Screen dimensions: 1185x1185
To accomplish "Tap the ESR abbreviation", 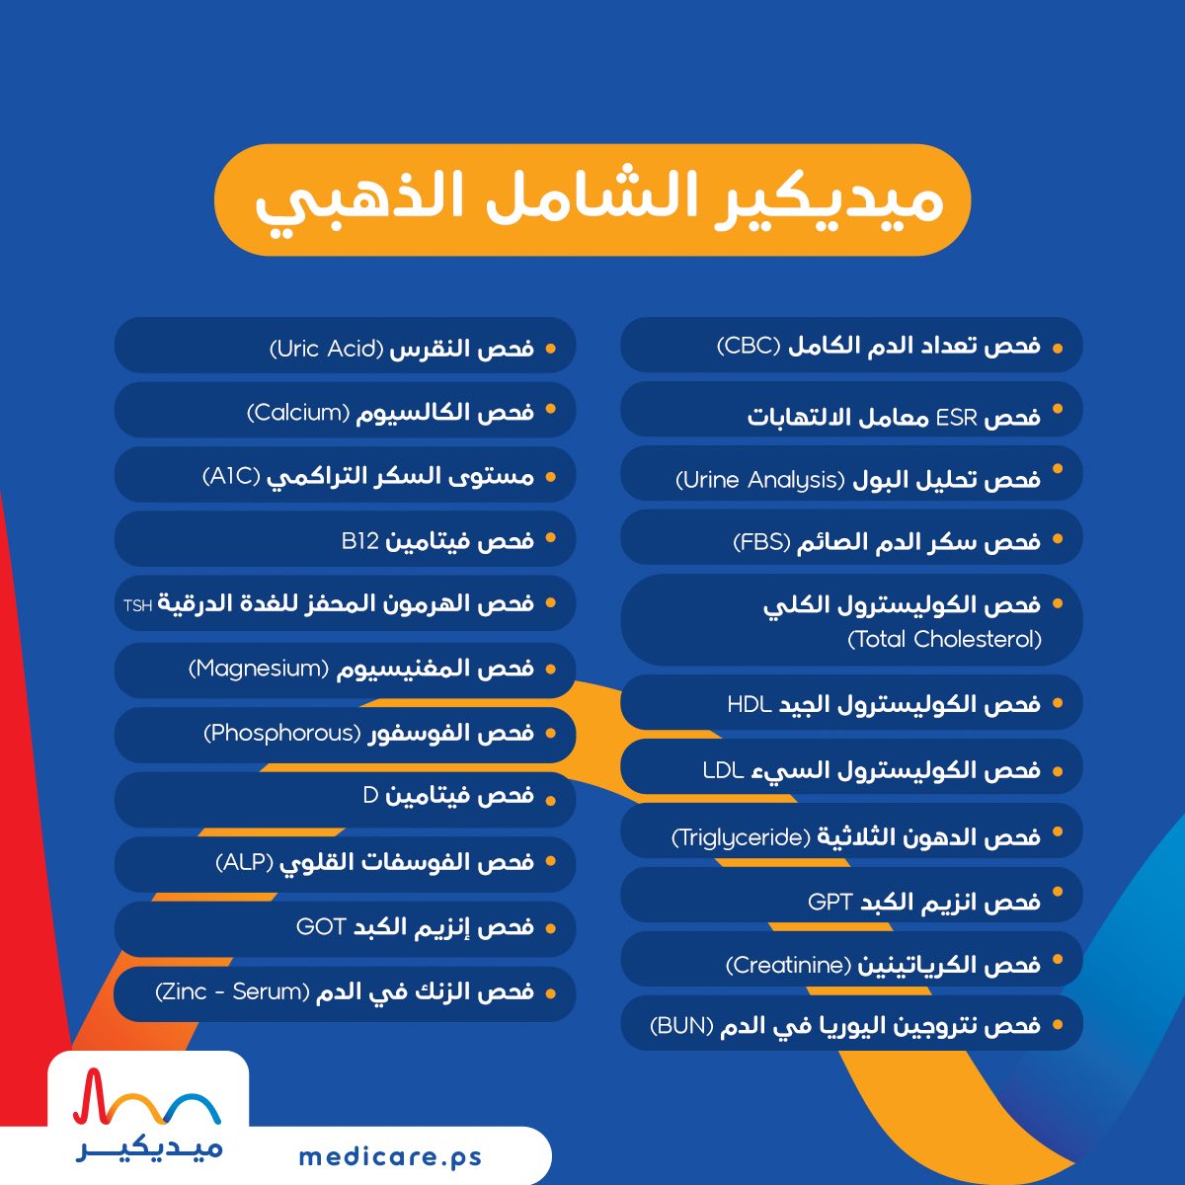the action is coord(956,419).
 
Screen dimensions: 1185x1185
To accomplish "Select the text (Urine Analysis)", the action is coord(760,480).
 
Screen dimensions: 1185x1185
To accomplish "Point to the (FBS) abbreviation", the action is coord(761,542).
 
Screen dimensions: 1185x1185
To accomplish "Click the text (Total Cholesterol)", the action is coord(944,640).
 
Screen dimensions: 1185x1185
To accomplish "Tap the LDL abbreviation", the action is coord(724,770).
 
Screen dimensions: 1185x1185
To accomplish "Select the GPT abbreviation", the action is coord(829,903).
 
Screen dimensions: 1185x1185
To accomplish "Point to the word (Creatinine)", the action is coord(788,965).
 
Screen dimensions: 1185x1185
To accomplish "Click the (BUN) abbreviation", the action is coord(682,1025).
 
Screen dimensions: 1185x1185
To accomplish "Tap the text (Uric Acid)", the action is coord(327,349).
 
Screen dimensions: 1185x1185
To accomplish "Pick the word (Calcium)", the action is coord(298,412).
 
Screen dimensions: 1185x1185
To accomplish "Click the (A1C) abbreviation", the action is coord(232,477).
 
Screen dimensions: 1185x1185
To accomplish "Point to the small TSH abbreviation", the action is coord(137,606).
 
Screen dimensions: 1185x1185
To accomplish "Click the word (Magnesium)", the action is coord(259,668).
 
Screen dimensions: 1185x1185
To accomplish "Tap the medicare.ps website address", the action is coord(390,1157).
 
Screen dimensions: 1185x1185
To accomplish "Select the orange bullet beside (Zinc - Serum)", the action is coord(550,993).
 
